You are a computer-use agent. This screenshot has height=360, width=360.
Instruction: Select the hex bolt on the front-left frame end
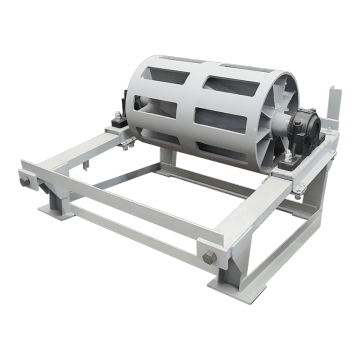pyautogui.click(x=22, y=180)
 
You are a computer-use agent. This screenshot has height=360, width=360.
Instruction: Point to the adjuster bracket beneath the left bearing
pyautogui.click(x=123, y=140)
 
